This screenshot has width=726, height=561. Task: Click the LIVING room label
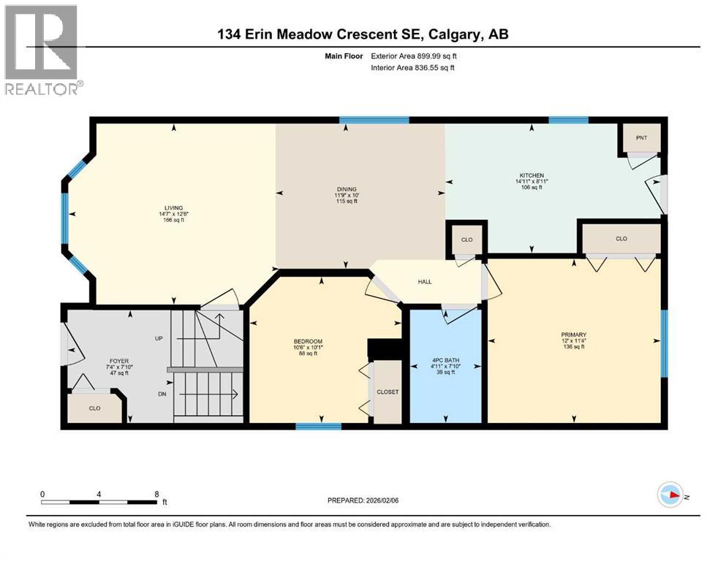pyautogui.click(x=173, y=207)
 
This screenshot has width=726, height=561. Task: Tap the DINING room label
pyautogui.click(x=347, y=188)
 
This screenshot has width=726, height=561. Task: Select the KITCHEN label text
pyautogui.click(x=532, y=176)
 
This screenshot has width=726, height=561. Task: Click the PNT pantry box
pyautogui.click(x=641, y=137)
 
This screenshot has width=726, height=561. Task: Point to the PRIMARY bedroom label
pyautogui.click(x=574, y=335)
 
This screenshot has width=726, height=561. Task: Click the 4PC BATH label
pyautogui.click(x=445, y=359)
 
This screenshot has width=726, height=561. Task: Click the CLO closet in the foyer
pyautogui.click(x=94, y=408)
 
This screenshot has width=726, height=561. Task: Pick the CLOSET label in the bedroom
pyautogui.click(x=387, y=392)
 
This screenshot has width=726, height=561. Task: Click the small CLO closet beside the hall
pyautogui.click(x=466, y=239)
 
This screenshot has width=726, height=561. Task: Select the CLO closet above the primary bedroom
pyautogui.click(x=621, y=239)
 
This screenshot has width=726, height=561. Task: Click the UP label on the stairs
pyautogui.click(x=159, y=339)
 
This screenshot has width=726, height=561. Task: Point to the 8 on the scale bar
pyautogui.click(x=156, y=494)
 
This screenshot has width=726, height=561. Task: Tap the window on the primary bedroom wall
pyautogui.click(x=664, y=343)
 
